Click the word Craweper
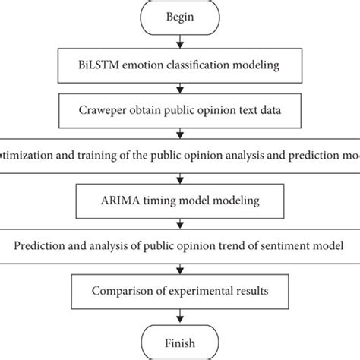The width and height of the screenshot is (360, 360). pos(102,112)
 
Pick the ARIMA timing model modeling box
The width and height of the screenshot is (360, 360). pos(179,201)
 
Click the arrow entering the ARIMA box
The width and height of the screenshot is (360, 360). pos(179,178)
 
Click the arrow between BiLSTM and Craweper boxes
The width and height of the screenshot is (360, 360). pos(179,90)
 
